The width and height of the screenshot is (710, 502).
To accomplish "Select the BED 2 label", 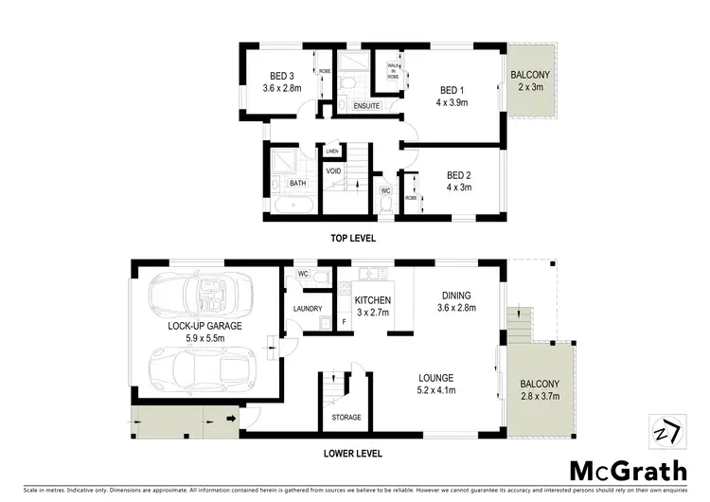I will (459, 174).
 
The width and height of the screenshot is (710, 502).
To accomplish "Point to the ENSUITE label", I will (367, 107).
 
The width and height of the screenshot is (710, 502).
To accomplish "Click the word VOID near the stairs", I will (334, 171).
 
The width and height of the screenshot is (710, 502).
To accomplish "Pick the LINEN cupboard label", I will (332, 152).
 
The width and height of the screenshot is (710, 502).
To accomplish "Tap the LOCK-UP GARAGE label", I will (205, 325).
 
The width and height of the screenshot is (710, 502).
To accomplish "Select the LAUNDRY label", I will (309, 309).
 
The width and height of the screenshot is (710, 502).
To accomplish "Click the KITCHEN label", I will (373, 300).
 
